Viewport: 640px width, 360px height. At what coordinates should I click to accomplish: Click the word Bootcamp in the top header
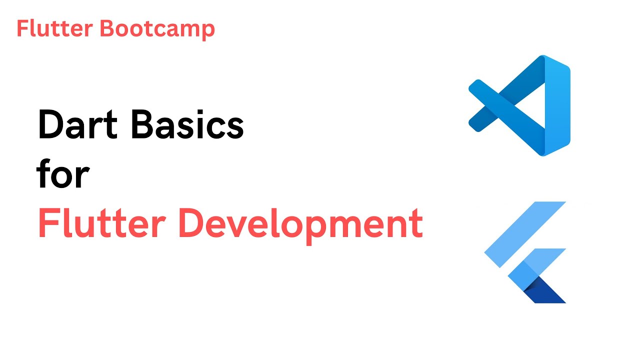pyautogui.click(x=157, y=29)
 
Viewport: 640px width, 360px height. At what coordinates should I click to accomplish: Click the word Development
pyautogui.click(x=300, y=224)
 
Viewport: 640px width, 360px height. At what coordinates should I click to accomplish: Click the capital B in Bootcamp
pyautogui.click(x=105, y=29)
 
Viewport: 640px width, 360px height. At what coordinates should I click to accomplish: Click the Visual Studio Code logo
pyautogui.click(x=520, y=106)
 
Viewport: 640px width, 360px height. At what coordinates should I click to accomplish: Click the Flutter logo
pyautogui.click(x=525, y=252)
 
